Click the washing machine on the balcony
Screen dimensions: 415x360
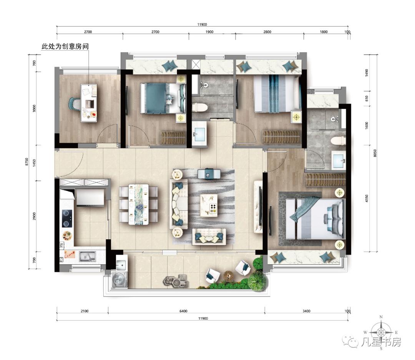tap(120, 279)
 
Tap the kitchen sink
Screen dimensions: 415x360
tap(87, 257)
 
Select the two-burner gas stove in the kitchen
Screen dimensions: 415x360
tap(67, 218)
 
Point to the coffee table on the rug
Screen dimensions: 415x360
tap(209, 205)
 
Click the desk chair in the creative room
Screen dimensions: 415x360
tap(75, 103)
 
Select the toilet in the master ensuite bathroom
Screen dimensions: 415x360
tap(339, 140)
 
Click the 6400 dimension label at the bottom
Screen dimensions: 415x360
tap(183, 311)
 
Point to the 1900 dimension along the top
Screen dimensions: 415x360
tap(209, 32)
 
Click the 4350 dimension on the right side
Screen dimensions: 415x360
tap(367, 199)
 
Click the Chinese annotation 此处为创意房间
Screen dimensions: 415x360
tap(65, 47)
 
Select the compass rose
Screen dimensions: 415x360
tap(381, 332)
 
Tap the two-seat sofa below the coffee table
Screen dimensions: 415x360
tap(209, 237)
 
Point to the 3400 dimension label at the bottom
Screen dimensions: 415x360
tap(307, 311)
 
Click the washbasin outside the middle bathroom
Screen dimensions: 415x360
tap(199, 134)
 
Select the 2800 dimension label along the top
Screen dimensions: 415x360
tap(267, 32)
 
